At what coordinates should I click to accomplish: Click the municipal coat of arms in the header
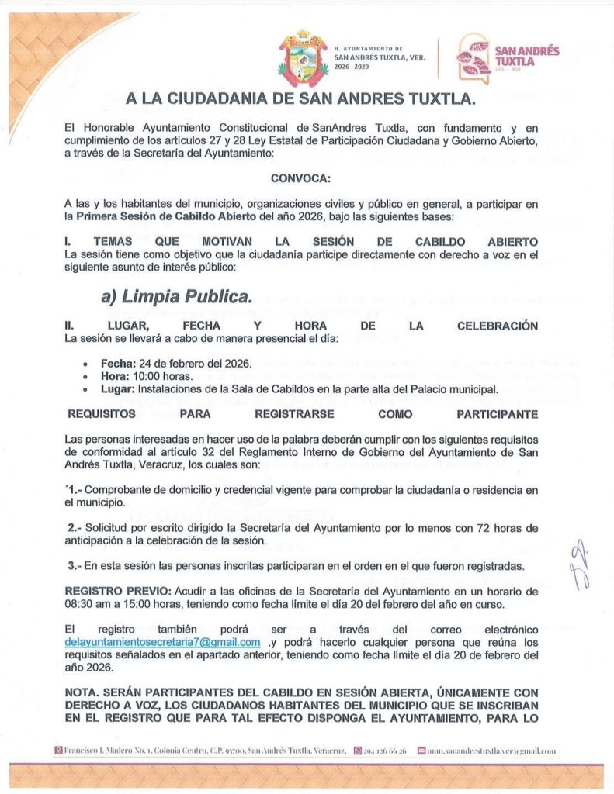tap(304, 57)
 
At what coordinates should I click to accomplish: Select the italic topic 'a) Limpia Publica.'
tap(176, 296)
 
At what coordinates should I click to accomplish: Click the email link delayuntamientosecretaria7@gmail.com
tap(162, 643)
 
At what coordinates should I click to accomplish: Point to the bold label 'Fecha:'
tap(116, 363)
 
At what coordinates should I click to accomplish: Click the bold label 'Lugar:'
tap(116, 388)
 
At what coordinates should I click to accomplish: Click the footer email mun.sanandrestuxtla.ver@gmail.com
tap(490, 751)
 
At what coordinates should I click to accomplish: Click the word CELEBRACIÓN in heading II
tap(497, 326)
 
